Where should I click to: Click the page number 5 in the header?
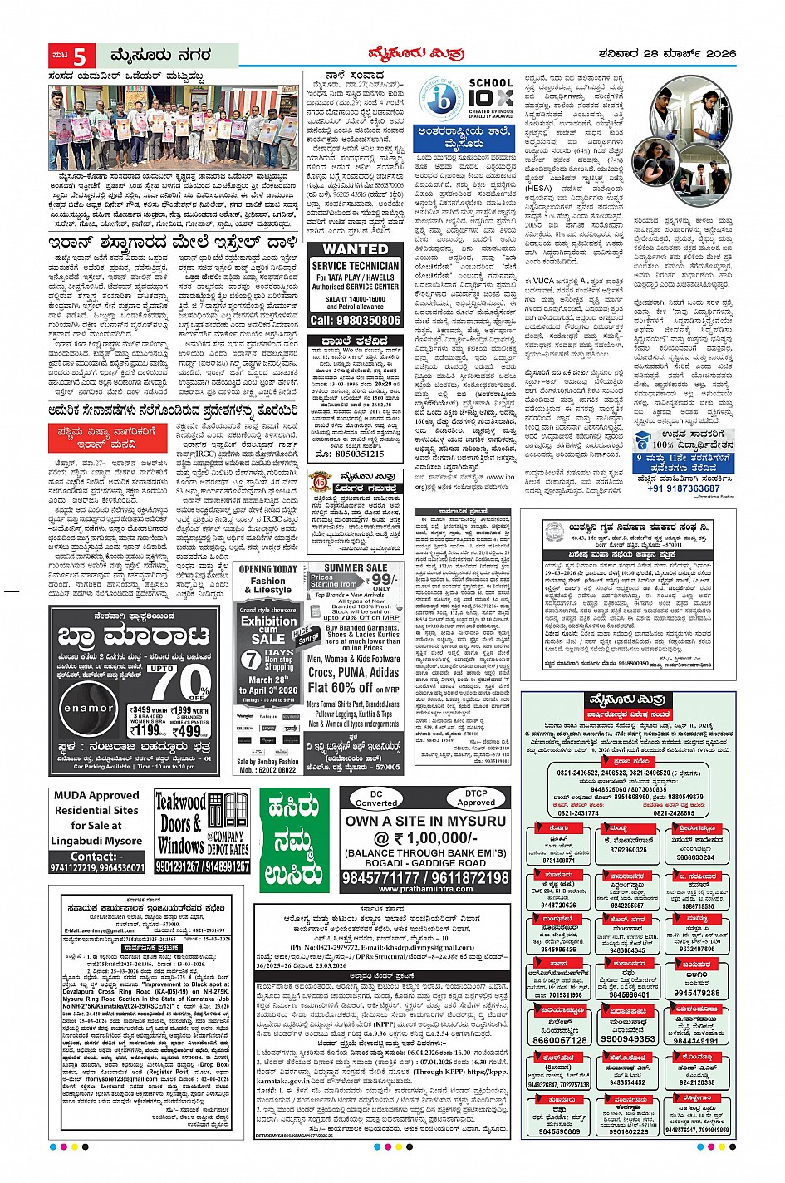80,56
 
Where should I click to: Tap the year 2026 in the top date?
719,54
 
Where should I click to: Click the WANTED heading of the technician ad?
355,248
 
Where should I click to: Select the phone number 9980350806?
355,320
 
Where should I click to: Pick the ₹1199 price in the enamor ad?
148,730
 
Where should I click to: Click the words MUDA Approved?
96,795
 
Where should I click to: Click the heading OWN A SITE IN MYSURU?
425,821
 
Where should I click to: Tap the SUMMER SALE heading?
355,567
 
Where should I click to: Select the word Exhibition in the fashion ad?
268,621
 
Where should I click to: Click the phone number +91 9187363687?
684,488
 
